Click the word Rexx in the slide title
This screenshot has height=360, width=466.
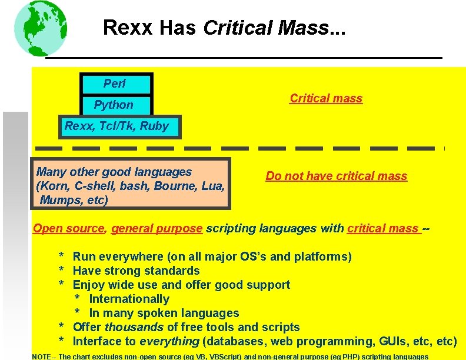pyautogui.click(x=121, y=28)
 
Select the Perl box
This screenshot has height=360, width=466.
pyautogui.click(x=116, y=84)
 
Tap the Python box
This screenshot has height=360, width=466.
pyautogui.click(x=116, y=105)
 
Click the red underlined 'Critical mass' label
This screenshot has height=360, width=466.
pyautogui.click(x=326, y=98)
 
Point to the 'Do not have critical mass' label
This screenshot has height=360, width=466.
pyautogui.click(x=336, y=176)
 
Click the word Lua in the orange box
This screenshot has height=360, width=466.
pyautogui.click(x=212, y=186)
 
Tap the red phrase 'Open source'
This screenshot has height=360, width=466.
pyautogui.click(x=68, y=228)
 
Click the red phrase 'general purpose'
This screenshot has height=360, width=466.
pyautogui.click(x=157, y=228)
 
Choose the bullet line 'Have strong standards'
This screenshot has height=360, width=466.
pyautogui.click(x=136, y=271)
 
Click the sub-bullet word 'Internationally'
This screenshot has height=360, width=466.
pyautogui.click(x=129, y=299)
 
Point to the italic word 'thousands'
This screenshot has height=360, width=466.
pyautogui.click(x=134, y=327)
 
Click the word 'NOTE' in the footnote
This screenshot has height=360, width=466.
pyautogui.click(x=42, y=356)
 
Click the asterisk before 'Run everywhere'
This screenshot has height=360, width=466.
pyautogui.click(x=61, y=257)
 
